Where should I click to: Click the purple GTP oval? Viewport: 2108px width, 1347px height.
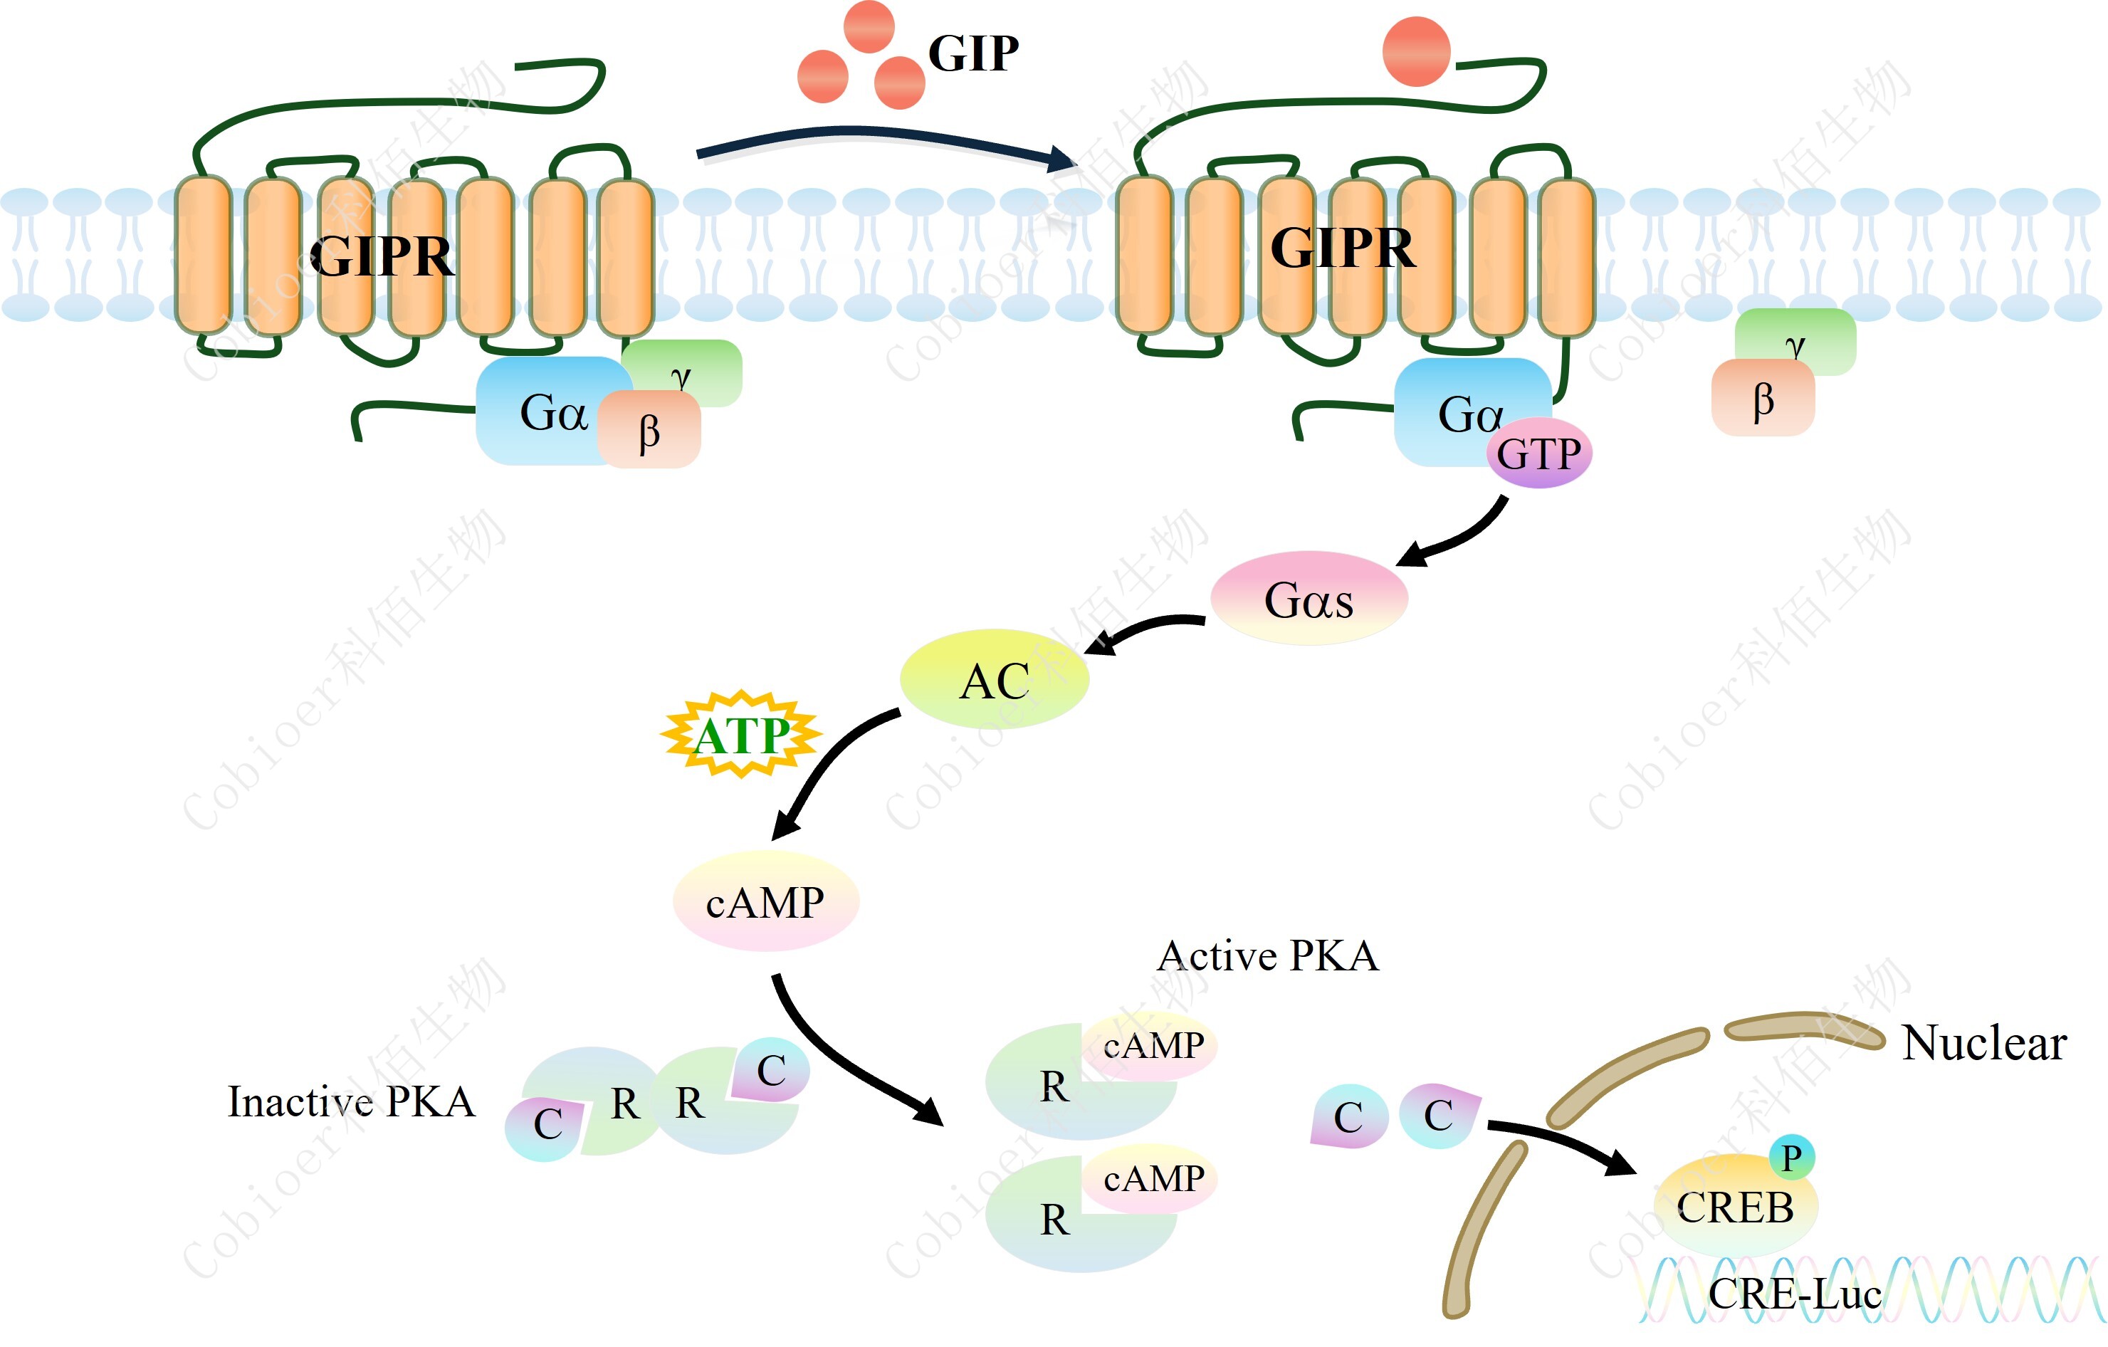coord(1539,454)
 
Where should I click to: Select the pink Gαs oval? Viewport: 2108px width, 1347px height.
coord(1309,599)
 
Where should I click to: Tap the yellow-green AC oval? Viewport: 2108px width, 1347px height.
coord(995,680)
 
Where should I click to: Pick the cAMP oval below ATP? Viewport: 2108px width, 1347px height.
coord(765,902)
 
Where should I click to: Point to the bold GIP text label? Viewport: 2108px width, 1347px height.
coord(972,53)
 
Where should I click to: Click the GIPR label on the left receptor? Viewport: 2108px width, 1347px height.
coord(382,256)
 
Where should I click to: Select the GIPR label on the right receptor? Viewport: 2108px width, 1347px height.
coord(1342,248)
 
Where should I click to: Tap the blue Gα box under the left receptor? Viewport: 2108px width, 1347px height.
coord(542,412)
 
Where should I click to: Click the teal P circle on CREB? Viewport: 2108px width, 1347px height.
coord(1791,1157)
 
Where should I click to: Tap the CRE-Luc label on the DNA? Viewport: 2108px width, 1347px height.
coord(1795,1294)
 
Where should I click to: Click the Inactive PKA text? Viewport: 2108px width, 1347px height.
coord(351,1101)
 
